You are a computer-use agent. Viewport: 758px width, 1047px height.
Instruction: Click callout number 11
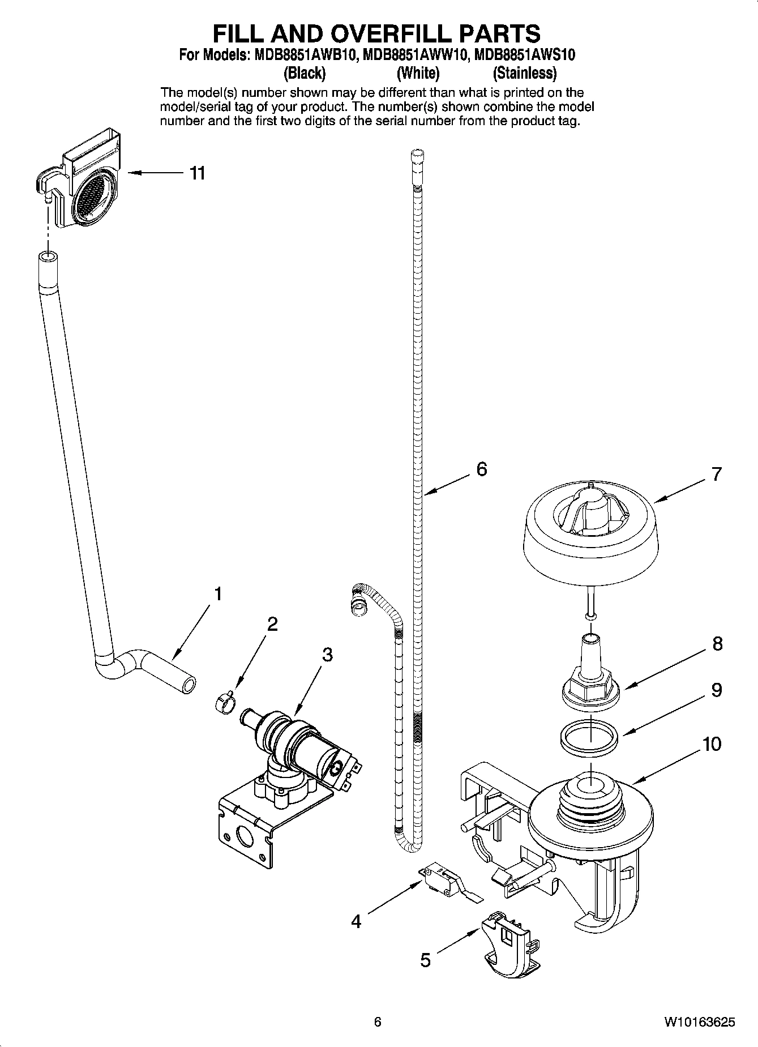tap(196, 173)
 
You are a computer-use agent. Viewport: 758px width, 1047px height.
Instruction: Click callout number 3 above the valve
tap(327, 655)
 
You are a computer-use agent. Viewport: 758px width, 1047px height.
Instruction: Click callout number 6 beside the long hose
tap(482, 469)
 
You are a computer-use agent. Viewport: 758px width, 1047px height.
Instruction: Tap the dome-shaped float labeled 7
tap(590, 527)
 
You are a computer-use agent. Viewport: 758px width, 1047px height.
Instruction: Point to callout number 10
tap(712, 743)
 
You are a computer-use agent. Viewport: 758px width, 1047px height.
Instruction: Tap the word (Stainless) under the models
tap(524, 73)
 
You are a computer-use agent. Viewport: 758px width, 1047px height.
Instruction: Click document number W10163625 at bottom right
tap(700, 1022)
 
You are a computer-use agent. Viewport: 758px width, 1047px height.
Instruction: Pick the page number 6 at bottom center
tap(378, 1022)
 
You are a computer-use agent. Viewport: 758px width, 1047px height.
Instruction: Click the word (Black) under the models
tap(305, 73)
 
